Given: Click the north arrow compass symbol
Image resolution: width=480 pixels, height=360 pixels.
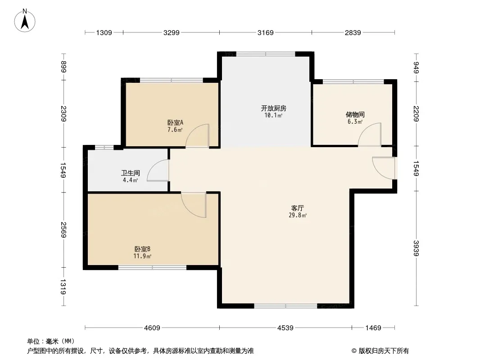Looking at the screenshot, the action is point(25,21).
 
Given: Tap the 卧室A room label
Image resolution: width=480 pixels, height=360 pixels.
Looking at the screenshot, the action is point(176,123).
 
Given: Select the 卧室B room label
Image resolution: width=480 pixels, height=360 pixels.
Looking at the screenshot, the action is point(142,249).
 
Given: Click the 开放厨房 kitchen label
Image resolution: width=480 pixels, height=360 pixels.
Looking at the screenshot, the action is point(273,108).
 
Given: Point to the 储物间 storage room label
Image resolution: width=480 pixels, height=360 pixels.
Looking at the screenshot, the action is point(355,115).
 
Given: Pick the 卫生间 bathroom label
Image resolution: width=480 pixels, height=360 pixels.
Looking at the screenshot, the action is point(131,173).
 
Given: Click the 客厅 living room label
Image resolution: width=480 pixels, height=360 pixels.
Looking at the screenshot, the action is point(298,208).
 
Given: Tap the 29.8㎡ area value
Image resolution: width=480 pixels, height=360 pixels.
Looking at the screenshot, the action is point(298,216).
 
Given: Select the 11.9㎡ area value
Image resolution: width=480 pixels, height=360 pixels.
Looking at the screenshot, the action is point(142,256).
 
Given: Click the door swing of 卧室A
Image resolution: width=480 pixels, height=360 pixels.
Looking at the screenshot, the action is point(198,136).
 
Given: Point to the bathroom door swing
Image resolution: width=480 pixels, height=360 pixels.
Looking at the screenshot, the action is point(158,171).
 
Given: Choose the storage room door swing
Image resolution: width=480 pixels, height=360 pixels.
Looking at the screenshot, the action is point(370,135).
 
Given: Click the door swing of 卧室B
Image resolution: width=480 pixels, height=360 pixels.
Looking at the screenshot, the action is point(194,205).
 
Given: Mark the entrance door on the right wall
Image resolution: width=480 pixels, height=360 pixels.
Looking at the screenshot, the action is point(385,168).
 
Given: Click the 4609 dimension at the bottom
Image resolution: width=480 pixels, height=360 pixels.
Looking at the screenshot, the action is point(152,328).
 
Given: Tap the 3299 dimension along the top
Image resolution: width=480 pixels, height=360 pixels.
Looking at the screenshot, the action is point(172,32).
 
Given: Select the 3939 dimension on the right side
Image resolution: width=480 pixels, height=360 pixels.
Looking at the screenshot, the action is point(416,248).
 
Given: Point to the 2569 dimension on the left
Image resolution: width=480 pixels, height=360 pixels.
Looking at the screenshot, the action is point(63,229).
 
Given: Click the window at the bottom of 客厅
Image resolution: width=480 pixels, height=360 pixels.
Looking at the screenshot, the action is point(285,306).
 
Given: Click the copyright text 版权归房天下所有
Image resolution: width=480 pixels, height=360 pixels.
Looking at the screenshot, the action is point(384,351).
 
